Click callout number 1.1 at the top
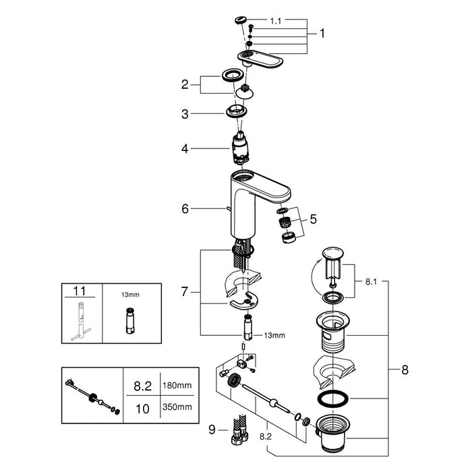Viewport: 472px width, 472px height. click(275, 21)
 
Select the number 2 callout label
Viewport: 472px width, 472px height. click(185, 84)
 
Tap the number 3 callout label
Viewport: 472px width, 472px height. click(185, 114)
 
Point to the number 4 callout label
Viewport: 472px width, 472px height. click(185, 149)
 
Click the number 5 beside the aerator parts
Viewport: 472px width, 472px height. click(314, 219)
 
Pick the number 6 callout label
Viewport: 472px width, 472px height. click(185, 208)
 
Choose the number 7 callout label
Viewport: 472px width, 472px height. click(185, 291)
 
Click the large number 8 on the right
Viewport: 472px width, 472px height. click(405, 370)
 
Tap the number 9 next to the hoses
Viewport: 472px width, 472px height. click(212, 430)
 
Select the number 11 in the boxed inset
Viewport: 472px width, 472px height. click(80, 291)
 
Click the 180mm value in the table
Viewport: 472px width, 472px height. click(177, 385)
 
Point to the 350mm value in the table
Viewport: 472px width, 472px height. click(177, 407)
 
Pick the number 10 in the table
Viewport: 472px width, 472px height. click(142, 409)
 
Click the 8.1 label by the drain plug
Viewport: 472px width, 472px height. click(371, 282)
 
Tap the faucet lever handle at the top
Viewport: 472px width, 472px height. click(261, 59)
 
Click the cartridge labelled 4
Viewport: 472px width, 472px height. click(240, 148)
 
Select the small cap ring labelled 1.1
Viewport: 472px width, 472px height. click(241, 20)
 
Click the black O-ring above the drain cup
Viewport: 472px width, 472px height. click(333, 399)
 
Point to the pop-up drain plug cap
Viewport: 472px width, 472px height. click(332, 253)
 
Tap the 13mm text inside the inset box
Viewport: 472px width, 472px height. click(130, 295)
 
